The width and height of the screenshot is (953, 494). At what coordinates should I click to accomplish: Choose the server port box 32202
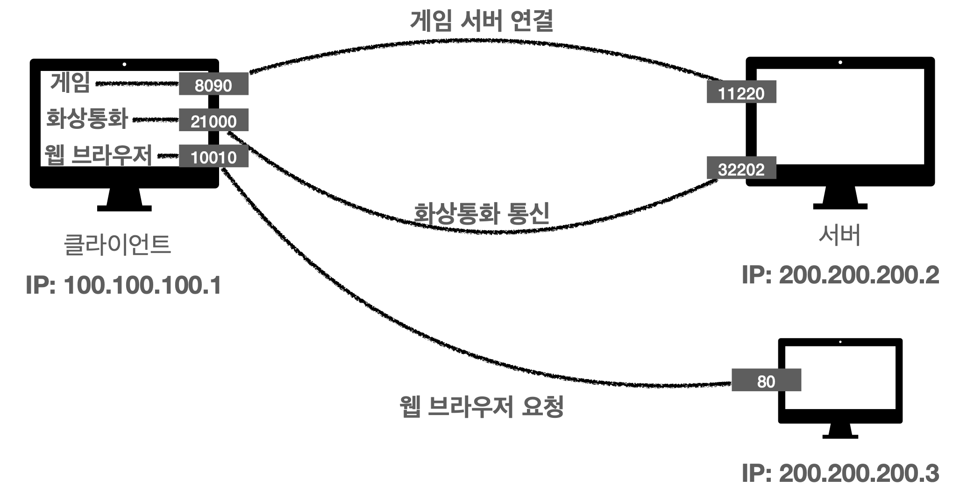tap(741, 168)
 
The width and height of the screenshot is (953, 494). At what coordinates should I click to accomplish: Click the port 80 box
tap(766, 380)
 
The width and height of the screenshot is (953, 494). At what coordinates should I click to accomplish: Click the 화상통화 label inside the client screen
tap(87, 119)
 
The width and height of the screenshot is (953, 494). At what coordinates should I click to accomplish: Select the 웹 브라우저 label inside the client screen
tap(99, 155)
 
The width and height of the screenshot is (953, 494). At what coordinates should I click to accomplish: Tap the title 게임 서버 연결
tap(481, 21)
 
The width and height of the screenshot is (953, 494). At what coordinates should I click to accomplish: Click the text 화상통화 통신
tap(481, 213)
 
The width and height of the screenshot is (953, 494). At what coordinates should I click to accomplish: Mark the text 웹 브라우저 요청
tap(481, 406)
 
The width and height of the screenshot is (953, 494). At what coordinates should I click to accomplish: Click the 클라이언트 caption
tap(117, 245)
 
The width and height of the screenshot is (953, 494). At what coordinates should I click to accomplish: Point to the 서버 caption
tap(839, 235)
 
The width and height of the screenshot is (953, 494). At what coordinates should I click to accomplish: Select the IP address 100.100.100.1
tap(124, 286)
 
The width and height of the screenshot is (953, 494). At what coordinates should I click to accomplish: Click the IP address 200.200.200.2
tap(840, 275)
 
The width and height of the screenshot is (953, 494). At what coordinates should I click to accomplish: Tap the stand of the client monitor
tap(124, 201)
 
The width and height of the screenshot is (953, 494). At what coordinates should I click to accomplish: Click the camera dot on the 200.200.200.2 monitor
tap(840, 63)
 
